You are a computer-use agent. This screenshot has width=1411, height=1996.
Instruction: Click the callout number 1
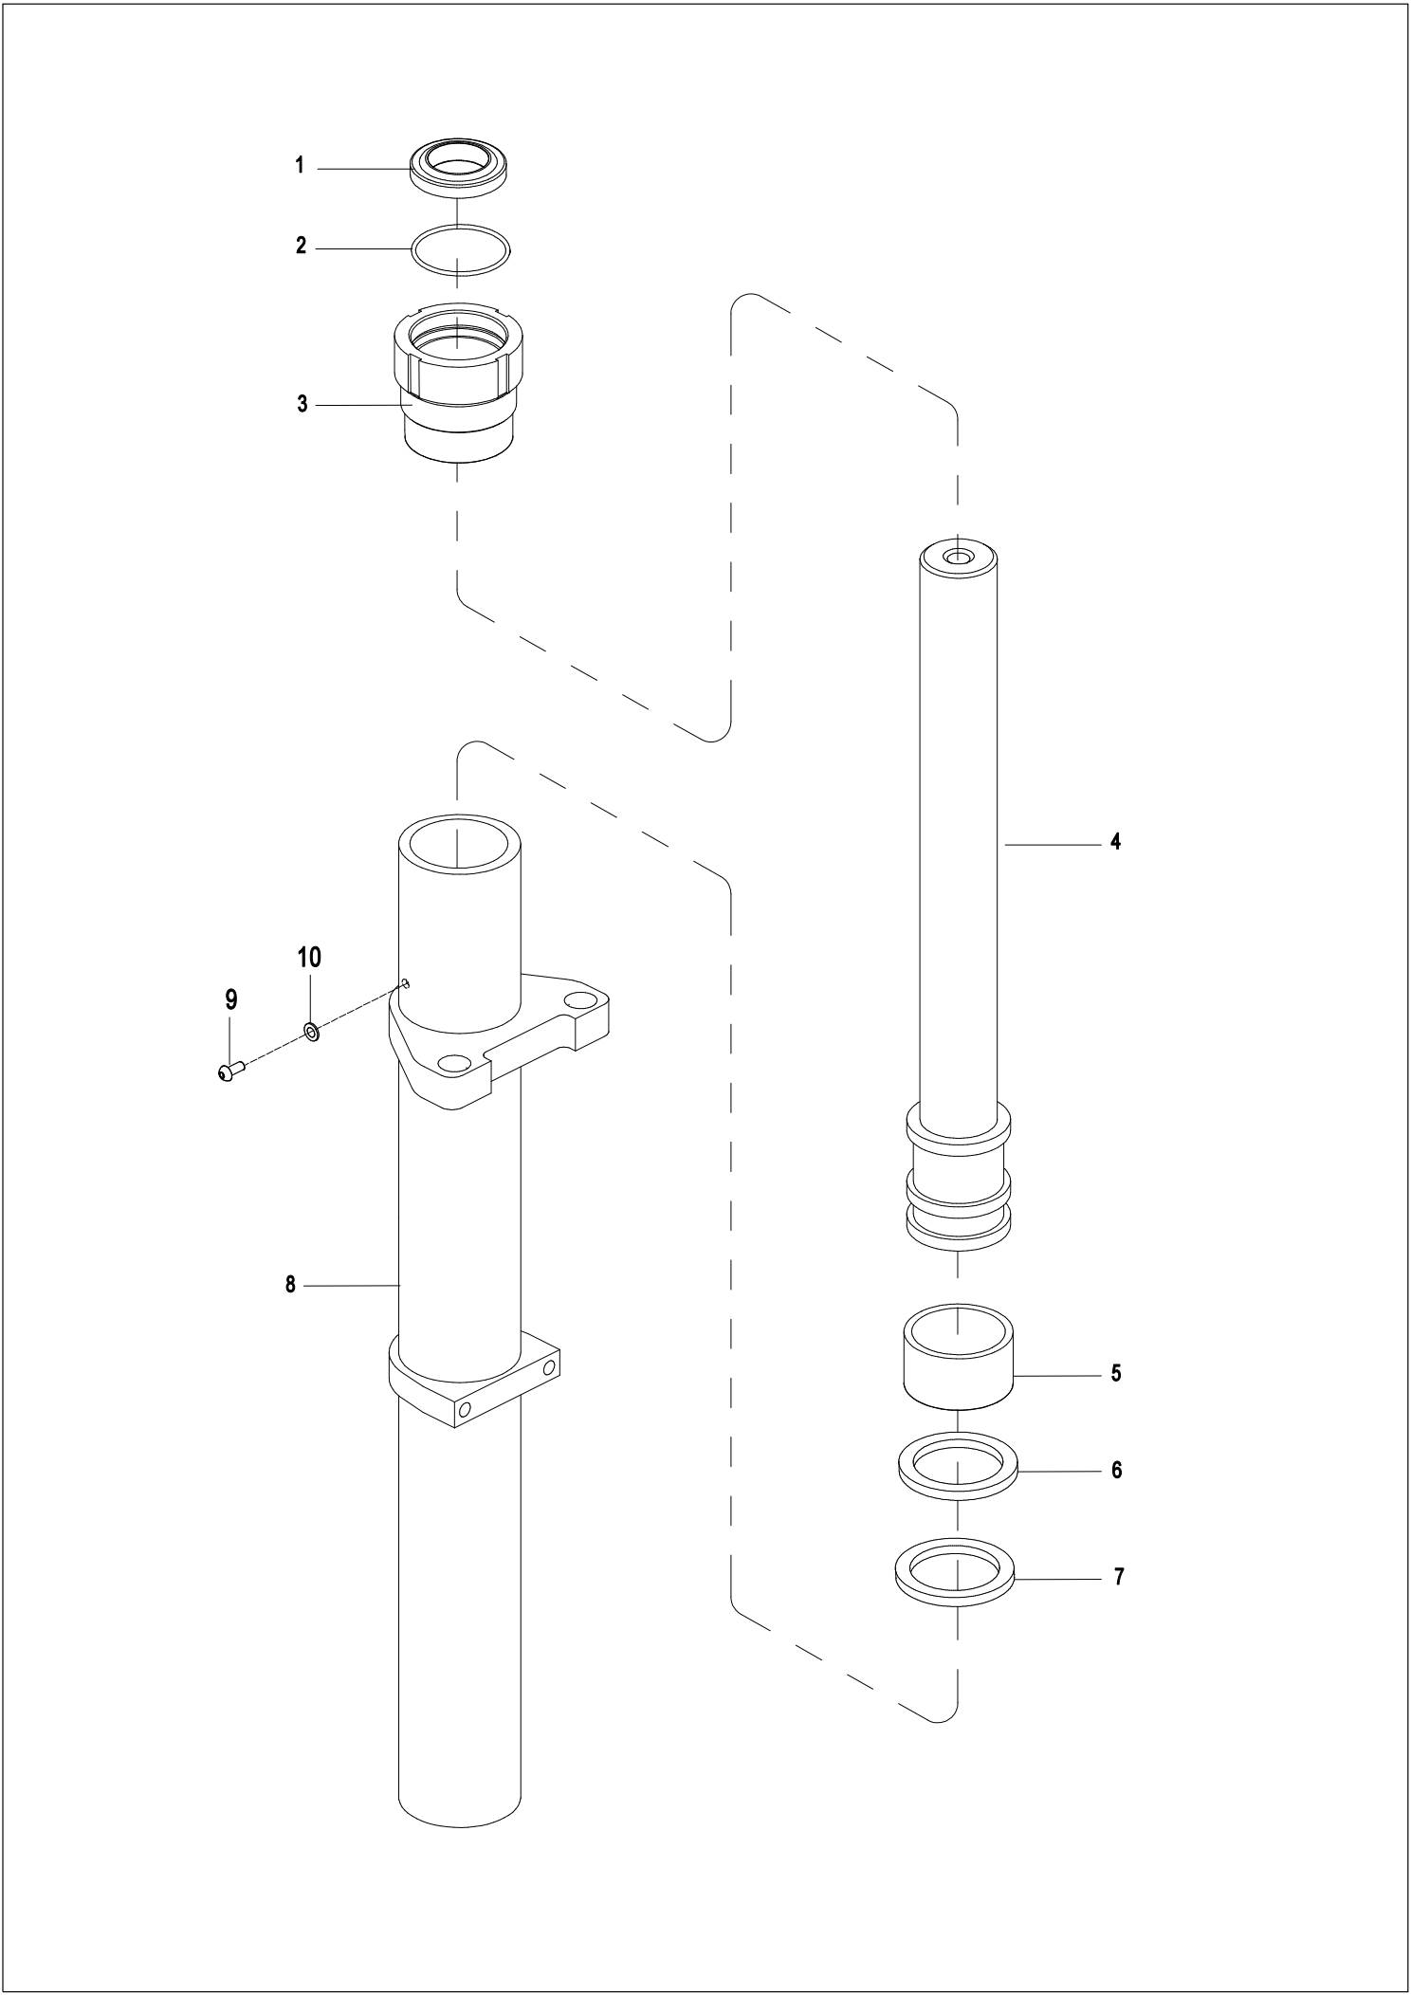point(300,166)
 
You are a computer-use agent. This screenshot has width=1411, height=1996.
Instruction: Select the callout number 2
point(302,247)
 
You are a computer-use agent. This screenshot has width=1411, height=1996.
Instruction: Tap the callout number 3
point(302,404)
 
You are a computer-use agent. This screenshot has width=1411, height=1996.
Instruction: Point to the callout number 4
point(1115,841)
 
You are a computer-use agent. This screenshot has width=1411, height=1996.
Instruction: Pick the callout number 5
point(1116,1373)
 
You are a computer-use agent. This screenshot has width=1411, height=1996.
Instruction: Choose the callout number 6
point(1116,1470)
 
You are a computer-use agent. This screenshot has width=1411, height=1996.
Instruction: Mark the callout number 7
point(1118,1577)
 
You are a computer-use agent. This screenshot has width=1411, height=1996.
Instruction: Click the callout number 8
point(291,1285)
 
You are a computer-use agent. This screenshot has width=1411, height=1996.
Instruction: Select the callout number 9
point(231,999)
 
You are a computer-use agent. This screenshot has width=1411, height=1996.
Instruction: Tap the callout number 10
point(310,958)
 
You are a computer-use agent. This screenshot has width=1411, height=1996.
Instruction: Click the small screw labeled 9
point(230,1071)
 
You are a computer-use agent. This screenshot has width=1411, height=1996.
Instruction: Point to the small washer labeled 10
point(311,1031)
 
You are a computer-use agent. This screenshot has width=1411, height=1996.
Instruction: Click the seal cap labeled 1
point(459,169)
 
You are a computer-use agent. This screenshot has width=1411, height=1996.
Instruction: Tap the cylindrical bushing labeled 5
point(958,1355)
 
